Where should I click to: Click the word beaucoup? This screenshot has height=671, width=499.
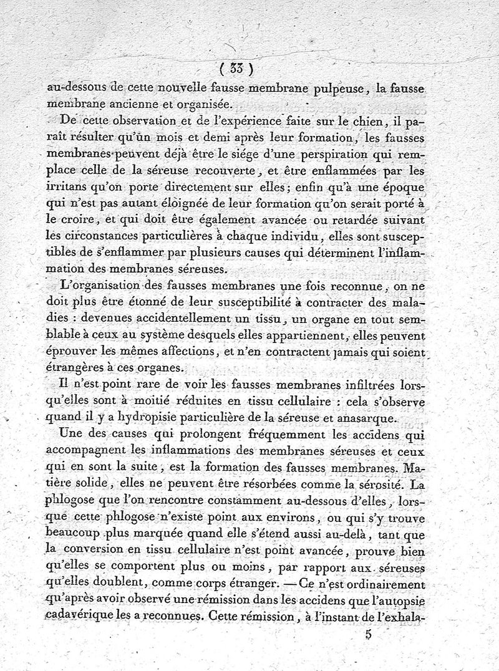pyautogui.click(x=75, y=534)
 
